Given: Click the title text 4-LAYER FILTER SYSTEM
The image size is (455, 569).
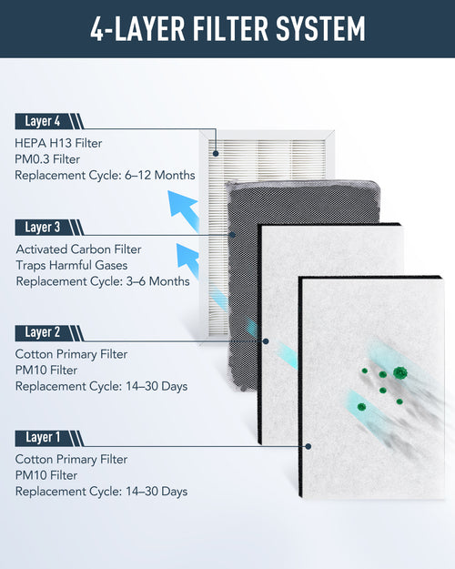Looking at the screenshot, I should pyautogui.click(x=227, y=28).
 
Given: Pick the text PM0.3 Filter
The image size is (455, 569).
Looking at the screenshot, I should pyautogui.click(x=51, y=158).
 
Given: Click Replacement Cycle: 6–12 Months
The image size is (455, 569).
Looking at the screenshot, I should pyautogui.click(x=106, y=175).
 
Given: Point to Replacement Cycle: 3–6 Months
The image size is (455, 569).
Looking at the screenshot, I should pyautogui.click(x=103, y=281).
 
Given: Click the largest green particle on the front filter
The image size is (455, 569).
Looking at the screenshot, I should pyautogui.click(x=399, y=372).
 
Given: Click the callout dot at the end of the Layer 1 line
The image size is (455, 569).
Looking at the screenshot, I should pyautogui.click(x=310, y=446).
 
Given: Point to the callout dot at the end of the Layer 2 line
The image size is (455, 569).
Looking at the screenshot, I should pyautogui.click(x=266, y=341).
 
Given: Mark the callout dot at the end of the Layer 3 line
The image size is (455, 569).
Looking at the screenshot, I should pyautogui.click(x=233, y=235).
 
